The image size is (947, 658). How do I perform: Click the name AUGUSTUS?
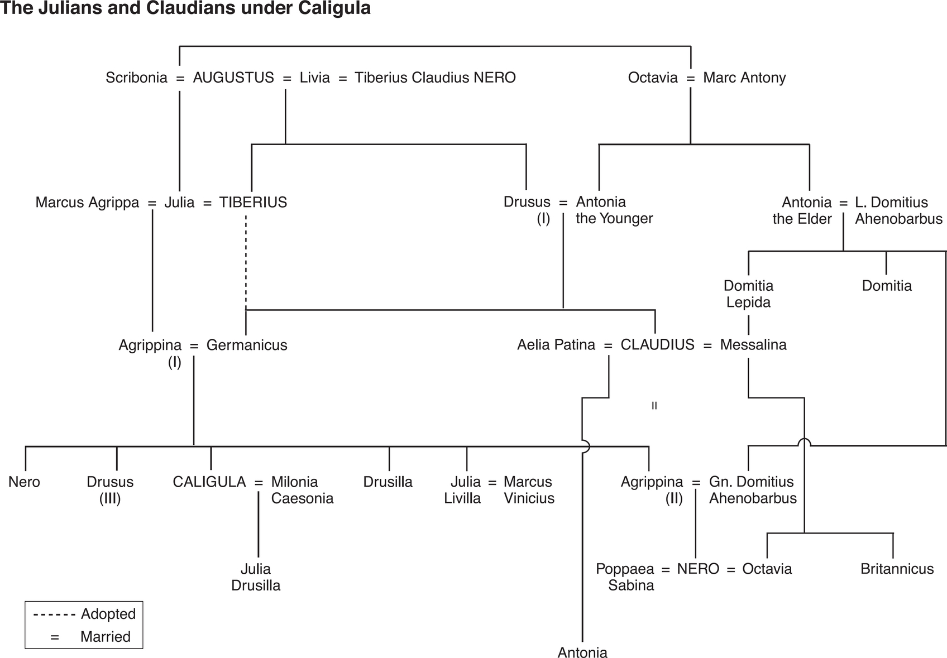point(233,78)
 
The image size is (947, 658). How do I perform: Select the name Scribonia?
point(137,78)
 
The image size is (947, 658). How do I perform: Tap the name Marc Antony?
point(744,78)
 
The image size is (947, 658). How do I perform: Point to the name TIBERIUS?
point(253,203)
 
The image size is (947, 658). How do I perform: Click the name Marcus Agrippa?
point(87,203)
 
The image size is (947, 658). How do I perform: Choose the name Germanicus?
point(247,345)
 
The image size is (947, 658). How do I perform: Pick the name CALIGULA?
point(209,482)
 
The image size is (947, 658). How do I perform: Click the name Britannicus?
point(897,569)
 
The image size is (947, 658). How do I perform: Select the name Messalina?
point(753,345)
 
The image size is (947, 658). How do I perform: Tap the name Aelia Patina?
point(556,345)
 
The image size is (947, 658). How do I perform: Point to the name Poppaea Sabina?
point(625,577)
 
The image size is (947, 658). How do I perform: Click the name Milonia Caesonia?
point(302,490)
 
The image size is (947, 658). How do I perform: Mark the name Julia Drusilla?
point(256,577)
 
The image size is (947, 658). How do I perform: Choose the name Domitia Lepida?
point(748,294)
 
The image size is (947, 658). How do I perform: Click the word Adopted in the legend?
point(108,614)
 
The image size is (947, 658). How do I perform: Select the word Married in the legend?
point(106,637)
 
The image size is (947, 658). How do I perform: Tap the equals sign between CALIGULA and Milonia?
point(259,483)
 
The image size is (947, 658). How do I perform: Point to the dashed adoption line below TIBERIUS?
point(246,262)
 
